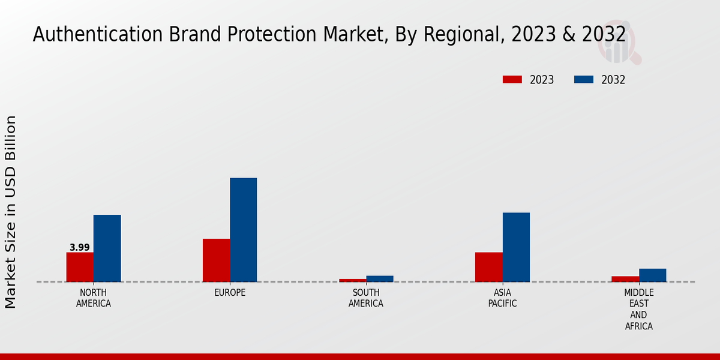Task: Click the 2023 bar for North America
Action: pos(80,267)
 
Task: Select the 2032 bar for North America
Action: pos(107,248)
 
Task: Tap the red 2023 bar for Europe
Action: pos(216,260)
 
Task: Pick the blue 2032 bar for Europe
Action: pos(243,230)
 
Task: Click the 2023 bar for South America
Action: pos(352,280)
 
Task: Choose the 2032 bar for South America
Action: pos(380,279)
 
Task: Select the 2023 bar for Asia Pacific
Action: pos(488,267)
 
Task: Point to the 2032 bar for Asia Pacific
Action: pos(516,247)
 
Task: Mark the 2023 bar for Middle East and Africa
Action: pos(625,279)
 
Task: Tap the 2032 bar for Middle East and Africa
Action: pos(652,275)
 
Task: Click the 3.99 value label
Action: pos(80,247)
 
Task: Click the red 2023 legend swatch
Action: pos(512,80)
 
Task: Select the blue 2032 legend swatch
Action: pos(584,80)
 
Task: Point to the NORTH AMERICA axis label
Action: pos(94,298)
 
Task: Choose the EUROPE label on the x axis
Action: pos(230,293)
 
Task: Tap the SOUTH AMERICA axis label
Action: pos(366,298)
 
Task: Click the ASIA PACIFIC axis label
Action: pos(502,298)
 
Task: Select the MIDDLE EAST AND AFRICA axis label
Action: pos(638,310)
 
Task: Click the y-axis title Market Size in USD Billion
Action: pos(11,212)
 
